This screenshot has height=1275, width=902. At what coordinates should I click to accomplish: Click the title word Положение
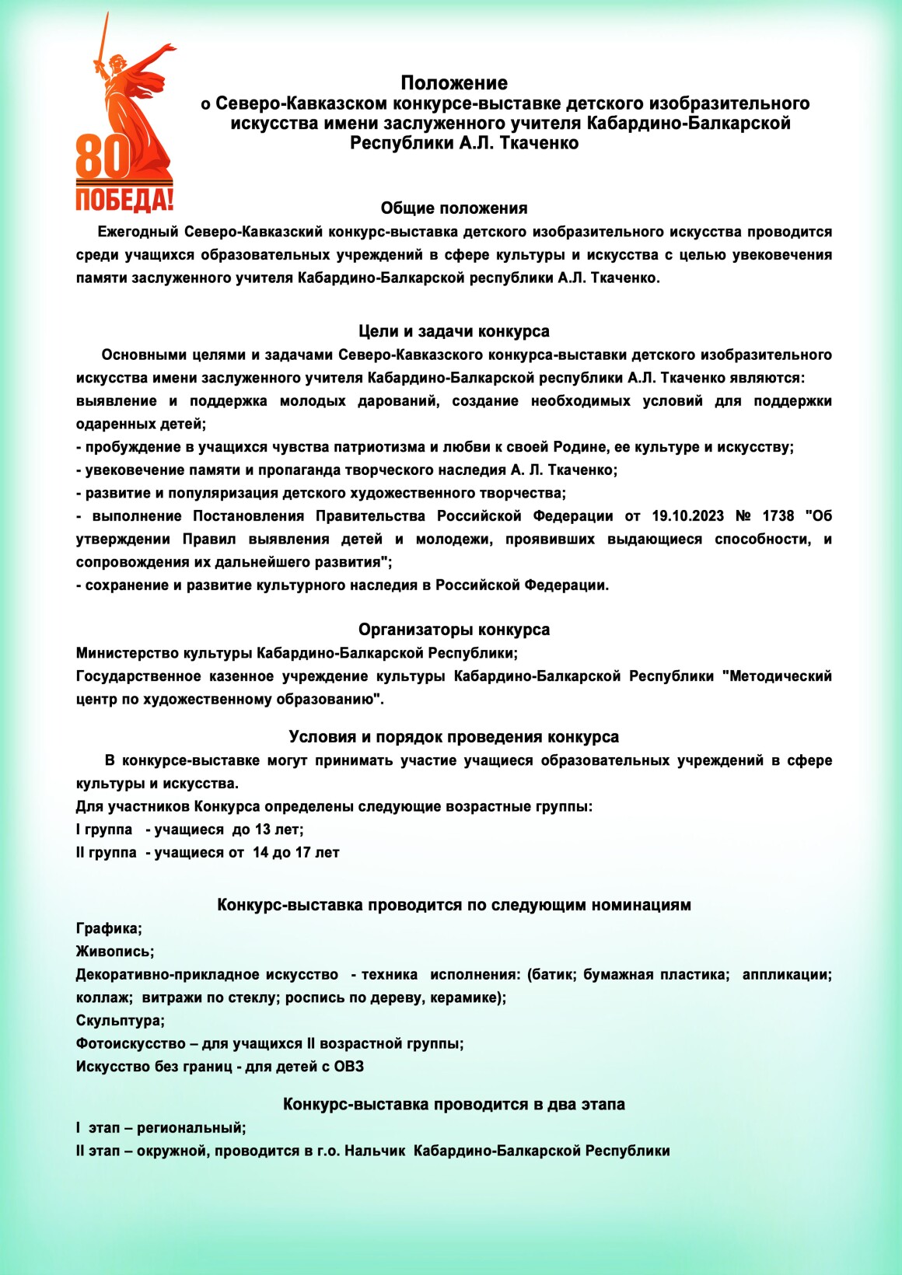[454, 83]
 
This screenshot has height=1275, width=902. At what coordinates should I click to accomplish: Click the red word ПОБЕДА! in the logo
[124, 200]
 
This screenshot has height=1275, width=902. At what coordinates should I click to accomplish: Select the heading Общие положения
[454, 208]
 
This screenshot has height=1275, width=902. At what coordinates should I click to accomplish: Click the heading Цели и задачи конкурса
[454, 331]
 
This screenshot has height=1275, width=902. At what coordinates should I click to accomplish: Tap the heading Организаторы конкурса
[454, 630]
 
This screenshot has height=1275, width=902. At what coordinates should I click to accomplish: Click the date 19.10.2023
[687, 516]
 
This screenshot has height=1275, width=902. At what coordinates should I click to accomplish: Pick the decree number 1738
[778, 516]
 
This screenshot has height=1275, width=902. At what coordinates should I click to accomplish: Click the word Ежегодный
[137, 232]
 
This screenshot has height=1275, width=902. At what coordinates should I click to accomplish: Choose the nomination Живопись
[114, 952]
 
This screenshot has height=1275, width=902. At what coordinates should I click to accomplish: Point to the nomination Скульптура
[120, 1021]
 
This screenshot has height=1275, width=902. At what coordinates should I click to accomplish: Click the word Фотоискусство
[131, 1043]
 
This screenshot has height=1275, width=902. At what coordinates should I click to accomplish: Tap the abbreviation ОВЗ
[349, 1067]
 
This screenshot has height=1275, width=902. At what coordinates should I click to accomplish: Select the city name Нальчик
[375, 1151]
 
